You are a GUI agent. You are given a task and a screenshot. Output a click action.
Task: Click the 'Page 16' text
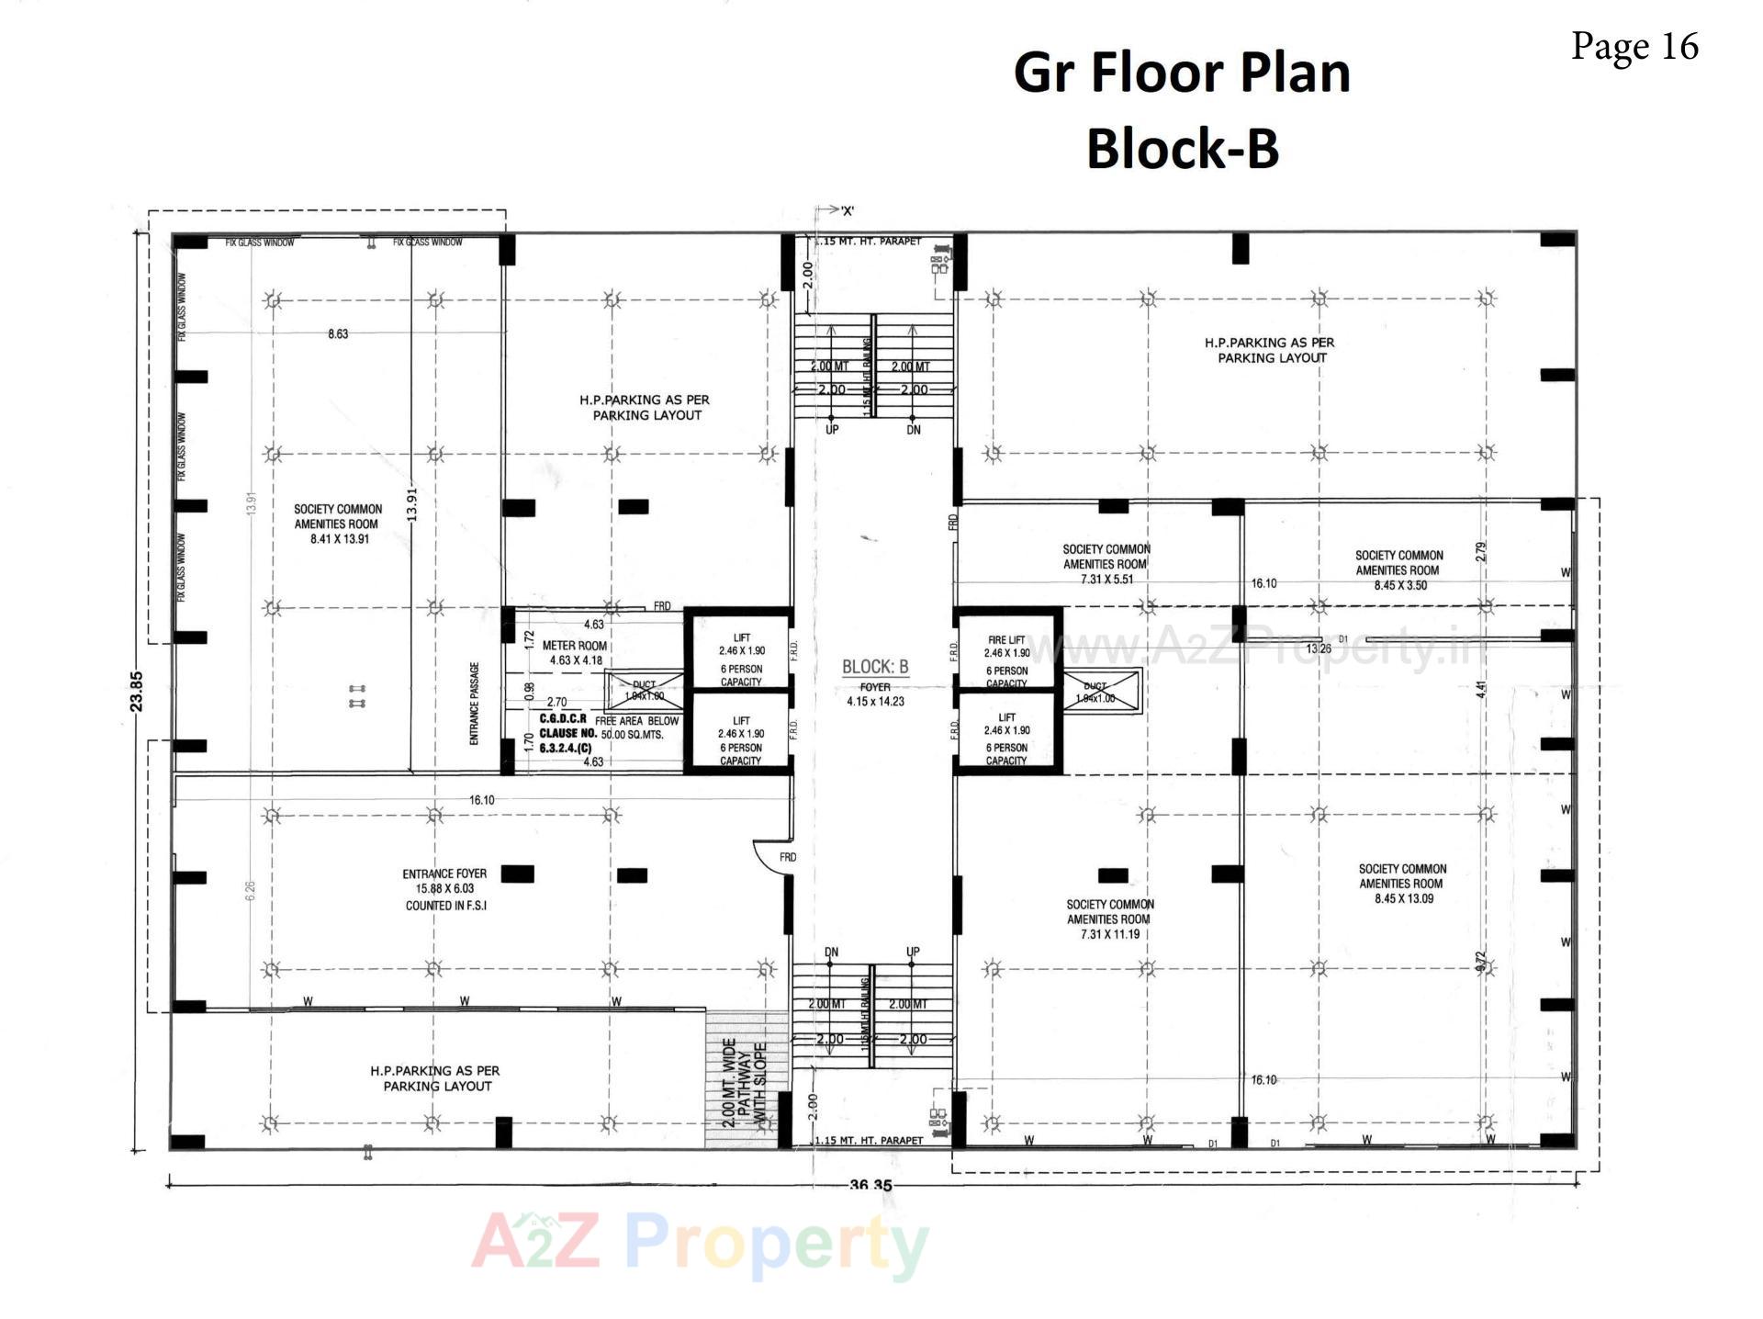pyautogui.click(x=1634, y=46)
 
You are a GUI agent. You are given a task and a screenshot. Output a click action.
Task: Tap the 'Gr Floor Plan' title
pyautogui.click(x=1182, y=73)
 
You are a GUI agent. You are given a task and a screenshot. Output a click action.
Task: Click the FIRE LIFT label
pyautogui.click(x=1006, y=640)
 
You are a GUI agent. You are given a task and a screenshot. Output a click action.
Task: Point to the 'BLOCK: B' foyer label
pyautogui.click(x=875, y=667)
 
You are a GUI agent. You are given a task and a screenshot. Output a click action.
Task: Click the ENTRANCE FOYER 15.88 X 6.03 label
pyautogui.click(x=444, y=888)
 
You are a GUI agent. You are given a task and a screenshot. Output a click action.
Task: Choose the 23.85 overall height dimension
pyautogui.click(x=137, y=691)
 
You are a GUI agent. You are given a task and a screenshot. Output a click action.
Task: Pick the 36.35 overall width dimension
pyautogui.click(x=870, y=1185)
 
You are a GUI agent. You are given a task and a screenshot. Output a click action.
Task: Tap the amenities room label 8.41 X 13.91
pyautogui.click(x=338, y=524)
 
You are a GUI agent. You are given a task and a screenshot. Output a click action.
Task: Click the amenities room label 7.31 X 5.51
pyautogui.click(x=1106, y=564)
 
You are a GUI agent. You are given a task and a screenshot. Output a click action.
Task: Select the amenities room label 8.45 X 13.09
pyautogui.click(x=1402, y=884)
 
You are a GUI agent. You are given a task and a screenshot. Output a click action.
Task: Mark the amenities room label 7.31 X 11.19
pyautogui.click(x=1109, y=919)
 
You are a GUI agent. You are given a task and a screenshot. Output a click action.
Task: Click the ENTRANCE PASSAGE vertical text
pyautogui.click(x=475, y=704)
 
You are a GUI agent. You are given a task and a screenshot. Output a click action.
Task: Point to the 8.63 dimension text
pyautogui.click(x=338, y=334)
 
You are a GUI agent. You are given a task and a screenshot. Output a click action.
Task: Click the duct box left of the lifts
pyautogui.click(x=644, y=690)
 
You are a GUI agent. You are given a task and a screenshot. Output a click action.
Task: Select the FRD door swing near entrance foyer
pyautogui.click(x=772, y=855)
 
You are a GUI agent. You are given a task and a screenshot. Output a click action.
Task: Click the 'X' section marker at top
pyautogui.click(x=846, y=211)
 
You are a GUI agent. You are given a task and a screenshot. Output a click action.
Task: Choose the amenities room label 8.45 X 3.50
pyautogui.click(x=1399, y=569)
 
